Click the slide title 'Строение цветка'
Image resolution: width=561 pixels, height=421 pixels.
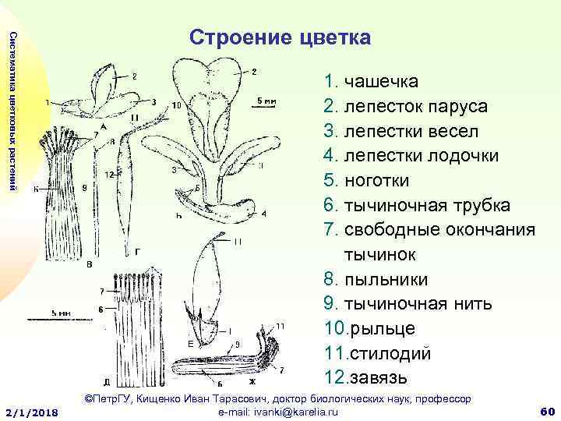(x=280, y=37)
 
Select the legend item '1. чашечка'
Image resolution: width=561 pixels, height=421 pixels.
(x=371, y=82)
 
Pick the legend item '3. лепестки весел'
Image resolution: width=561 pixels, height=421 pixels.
(x=397, y=131)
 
